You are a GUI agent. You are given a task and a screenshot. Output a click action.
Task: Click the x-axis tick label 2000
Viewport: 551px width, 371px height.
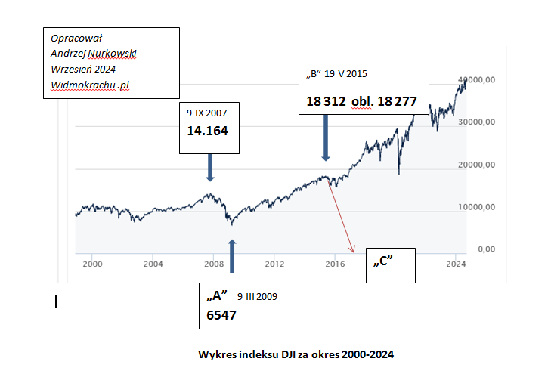point(92,264)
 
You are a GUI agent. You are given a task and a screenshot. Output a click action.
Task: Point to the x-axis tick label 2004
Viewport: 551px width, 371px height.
point(153,264)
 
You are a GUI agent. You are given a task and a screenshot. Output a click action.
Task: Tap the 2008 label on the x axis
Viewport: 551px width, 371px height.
point(213,264)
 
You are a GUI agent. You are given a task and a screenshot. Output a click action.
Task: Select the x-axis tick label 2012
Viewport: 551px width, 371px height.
point(274,264)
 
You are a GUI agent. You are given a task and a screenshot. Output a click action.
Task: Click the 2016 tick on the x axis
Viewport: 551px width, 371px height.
point(334,264)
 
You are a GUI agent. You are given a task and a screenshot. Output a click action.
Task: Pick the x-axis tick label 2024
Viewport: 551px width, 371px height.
point(455,264)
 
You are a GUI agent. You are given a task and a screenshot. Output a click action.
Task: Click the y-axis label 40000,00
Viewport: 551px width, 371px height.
point(479,79)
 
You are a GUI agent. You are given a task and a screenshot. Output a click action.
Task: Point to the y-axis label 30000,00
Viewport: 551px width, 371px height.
point(479,121)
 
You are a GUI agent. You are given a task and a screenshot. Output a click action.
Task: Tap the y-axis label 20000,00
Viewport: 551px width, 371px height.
point(479,164)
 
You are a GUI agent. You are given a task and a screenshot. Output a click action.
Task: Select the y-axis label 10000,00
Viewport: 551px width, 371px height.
point(479,206)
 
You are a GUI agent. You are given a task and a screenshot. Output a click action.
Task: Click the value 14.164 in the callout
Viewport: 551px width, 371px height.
point(208,131)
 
